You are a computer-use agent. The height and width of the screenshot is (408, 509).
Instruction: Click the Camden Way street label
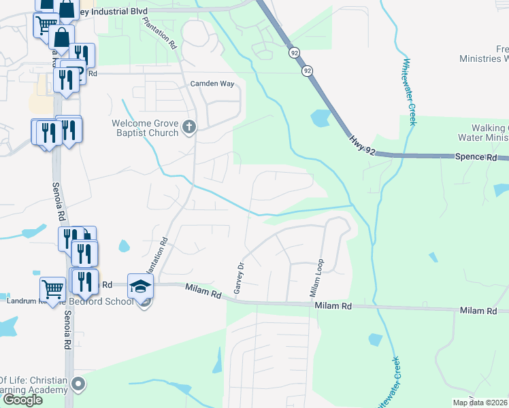212,84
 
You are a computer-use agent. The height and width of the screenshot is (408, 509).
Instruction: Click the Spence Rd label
476,157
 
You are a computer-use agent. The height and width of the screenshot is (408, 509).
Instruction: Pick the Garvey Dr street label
239,279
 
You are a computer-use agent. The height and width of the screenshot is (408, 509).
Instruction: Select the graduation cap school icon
141,286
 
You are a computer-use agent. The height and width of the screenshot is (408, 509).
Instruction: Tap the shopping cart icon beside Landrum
52,289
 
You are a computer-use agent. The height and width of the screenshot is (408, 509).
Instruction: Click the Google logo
22,399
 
